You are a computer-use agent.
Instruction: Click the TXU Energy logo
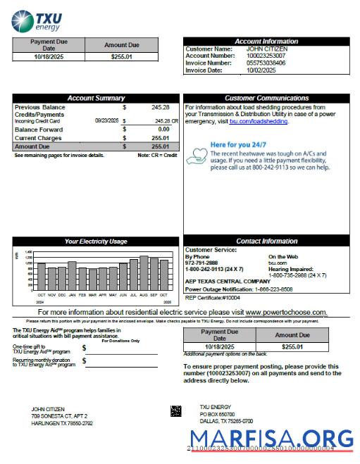pos(32,20)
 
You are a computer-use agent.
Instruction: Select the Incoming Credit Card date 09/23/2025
pos(107,121)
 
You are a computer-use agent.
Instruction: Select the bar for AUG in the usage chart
pos(144,273)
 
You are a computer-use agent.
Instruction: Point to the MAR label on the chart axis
pos(92,295)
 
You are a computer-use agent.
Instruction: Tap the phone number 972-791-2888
pos(201,262)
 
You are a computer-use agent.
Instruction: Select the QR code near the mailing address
pos(175,410)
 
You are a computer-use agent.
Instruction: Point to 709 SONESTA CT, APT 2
pos(61,417)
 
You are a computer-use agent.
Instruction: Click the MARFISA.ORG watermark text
pos(270,440)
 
